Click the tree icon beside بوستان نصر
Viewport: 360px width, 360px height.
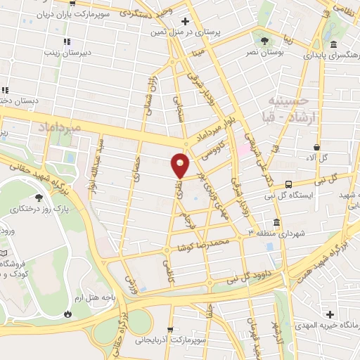[x=264, y=40]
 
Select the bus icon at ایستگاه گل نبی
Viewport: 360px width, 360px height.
[x=288, y=185]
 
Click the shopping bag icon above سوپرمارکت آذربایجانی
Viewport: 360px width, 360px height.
[x=170, y=329]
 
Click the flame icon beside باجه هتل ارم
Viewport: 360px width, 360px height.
[x=67, y=314]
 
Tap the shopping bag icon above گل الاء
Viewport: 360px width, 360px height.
[x=317, y=146]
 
